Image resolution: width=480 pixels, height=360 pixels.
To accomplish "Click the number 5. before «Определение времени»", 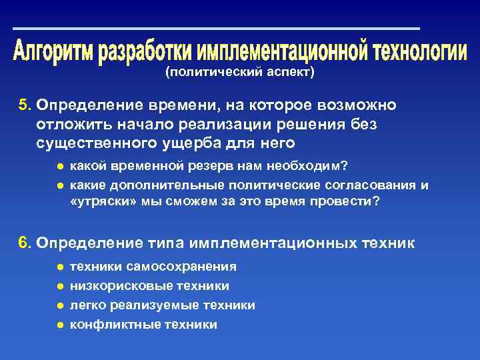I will click(x=25, y=105).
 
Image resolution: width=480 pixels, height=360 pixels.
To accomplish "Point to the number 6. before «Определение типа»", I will click(x=25, y=243).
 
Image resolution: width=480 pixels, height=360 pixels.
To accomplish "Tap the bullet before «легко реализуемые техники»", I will click(x=60, y=305).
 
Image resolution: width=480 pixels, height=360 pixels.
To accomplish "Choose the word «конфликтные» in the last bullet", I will click(x=107, y=325).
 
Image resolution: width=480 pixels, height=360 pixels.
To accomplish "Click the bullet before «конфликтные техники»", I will click(x=60, y=325).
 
